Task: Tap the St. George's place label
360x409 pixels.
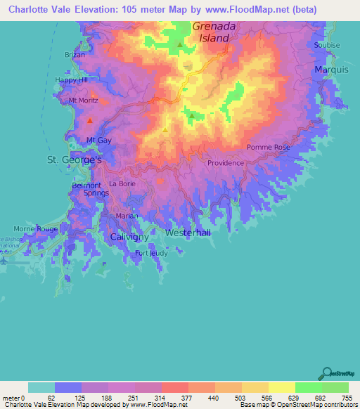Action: point(75,160)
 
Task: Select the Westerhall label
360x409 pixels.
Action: point(188,233)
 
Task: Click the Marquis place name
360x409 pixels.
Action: point(331,70)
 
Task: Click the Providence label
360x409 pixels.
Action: point(225,163)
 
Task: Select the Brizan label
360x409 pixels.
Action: point(75,54)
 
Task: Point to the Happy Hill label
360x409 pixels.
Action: point(71,80)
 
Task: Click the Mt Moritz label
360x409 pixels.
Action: point(82,100)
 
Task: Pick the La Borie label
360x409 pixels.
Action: point(122,183)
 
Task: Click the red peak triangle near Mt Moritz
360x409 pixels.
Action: point(90,121)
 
